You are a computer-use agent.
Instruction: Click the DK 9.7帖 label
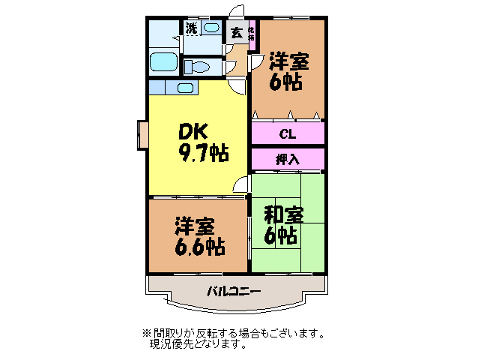tap(202, 142)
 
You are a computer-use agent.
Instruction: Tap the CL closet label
tap(287, 135)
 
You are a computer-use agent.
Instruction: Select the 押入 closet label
tap(287, 159)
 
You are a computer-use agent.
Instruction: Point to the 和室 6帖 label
tap(283, 223)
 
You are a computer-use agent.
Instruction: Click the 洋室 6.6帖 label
tap(199, 235)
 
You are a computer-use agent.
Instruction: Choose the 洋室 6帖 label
tap(287, 70)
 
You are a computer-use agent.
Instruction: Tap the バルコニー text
tap(234, 290)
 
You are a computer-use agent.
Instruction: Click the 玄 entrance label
tap(236, 32)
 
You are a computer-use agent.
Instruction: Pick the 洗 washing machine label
tap(192, 29)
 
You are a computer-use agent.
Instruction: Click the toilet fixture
tap(199, 66)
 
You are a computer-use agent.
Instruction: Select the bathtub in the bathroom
tap(163, 62)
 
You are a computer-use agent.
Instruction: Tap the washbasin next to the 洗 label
tap(211, 29)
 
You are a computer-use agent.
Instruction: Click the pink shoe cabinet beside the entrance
tap(252, 34)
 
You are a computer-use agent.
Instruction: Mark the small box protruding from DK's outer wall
tap(142, 133)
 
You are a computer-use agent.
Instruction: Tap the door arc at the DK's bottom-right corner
tap(240, 184)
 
